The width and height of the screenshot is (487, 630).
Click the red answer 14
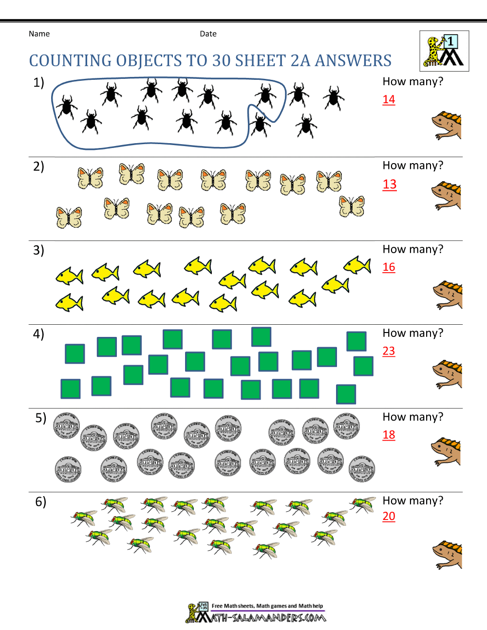coord(389,99)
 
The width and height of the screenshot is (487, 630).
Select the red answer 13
coord(389,184)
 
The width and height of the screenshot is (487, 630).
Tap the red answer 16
coord(389,267)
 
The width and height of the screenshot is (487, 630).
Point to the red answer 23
coord(389,351)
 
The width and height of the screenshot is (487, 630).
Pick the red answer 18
coord(389,435)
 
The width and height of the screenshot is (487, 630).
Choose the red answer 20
coord(389,516)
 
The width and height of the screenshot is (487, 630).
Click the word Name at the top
coord(39,34)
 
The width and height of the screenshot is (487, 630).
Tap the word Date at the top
coord(208,34)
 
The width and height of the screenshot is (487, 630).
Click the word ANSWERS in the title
coord(353,60)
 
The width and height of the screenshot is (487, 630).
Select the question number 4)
coord(38,334)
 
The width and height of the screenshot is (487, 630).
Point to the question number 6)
coord(40,502)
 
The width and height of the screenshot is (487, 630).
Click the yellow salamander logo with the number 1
coord(444,51)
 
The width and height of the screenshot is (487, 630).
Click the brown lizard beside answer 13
coord(446,196)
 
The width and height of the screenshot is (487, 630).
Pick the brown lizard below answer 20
coord(447,555)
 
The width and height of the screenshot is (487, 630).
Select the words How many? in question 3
coord(413,249)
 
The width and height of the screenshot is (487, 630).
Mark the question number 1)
coord(38,83)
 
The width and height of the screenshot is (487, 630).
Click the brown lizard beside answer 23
coord(447,374)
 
